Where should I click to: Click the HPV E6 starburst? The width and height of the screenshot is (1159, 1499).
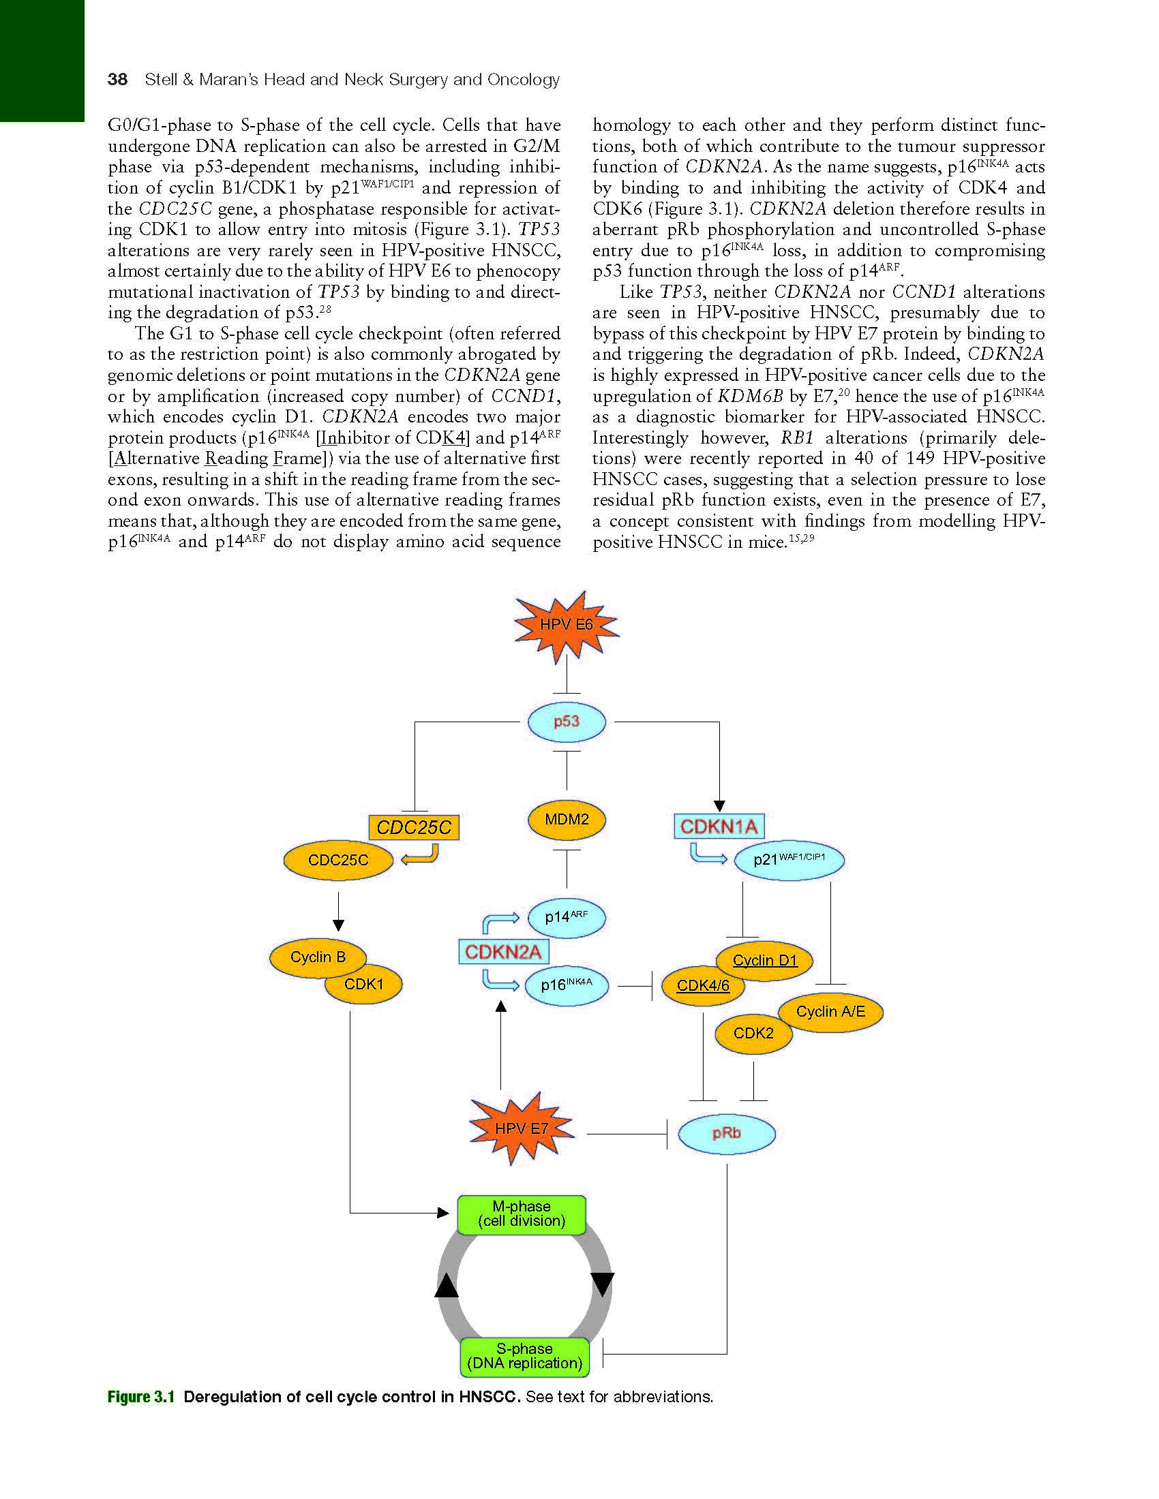[567, 625]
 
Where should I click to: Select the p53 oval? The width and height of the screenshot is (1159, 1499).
[567, 722]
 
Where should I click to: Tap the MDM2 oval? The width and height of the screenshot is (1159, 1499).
[567, 820]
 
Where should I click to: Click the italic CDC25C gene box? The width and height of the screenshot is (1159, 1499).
[414, 828]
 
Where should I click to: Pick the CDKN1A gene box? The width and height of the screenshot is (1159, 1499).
[719, 826]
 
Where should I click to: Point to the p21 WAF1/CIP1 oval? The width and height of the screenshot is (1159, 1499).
[789, 859]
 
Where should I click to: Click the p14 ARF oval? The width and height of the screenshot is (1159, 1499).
[567, 917]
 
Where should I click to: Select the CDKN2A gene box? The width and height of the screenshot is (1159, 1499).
[503, 951]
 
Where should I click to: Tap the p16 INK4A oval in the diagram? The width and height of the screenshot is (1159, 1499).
[567, 985]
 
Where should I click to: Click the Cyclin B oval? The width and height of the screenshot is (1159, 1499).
[317, 957]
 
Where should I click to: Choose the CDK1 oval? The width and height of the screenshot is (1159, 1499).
[364, 985]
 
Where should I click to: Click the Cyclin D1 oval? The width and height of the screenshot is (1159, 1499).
[765, 959]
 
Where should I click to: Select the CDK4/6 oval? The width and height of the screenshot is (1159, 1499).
[702, 986]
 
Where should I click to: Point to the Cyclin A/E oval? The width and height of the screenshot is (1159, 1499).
[831, 1012]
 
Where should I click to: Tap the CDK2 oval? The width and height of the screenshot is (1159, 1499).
[753, 1033]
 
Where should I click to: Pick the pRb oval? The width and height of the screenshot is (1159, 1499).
[727, 1133]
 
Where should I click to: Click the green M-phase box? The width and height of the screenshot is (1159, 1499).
[522, 1214]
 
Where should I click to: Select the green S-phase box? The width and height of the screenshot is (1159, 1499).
[524, 1356]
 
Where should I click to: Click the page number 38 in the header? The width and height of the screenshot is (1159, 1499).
[117, 80]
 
